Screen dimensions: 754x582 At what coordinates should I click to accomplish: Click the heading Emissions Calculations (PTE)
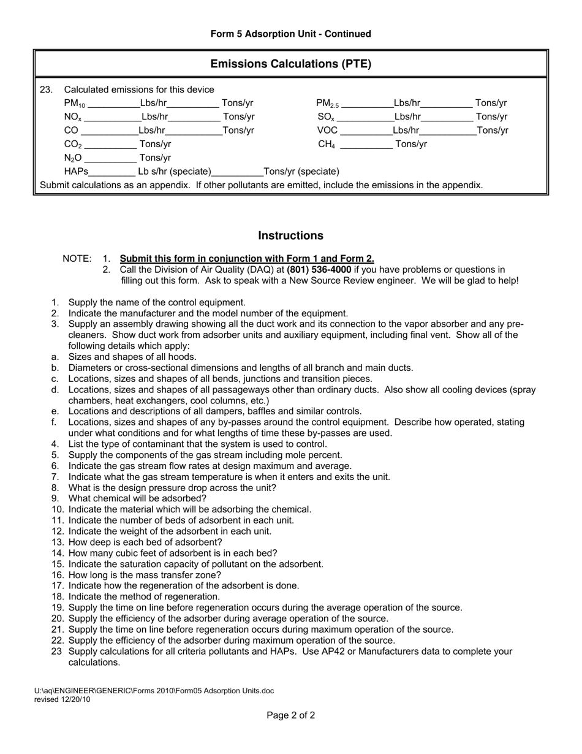point(290,64)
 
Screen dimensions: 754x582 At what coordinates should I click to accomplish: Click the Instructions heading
point(290,235)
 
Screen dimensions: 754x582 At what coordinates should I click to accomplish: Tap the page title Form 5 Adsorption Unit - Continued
point(290,34)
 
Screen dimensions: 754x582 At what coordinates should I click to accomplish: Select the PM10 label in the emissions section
point(75,104)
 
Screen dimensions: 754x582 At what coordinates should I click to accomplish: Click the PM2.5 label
point(327,104)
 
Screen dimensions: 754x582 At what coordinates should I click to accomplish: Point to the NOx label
point(73,117)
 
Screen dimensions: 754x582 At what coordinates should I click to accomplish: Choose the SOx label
point(326,117)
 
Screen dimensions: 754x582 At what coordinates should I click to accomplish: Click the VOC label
point(327,130)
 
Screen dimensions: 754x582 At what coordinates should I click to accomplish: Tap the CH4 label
point(327,145)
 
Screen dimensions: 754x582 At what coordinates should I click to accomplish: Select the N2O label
point(73,158)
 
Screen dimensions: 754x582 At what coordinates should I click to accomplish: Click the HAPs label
point(76,172)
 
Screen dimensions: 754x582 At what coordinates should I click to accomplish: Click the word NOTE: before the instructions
point(77,259)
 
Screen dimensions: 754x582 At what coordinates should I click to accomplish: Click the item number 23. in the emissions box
point(46,89)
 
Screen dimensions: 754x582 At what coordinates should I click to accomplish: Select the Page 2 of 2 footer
point(290,715)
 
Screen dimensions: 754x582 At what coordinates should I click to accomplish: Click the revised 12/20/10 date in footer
point(62,699)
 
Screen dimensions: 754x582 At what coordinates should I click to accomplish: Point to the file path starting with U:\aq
point(154,691)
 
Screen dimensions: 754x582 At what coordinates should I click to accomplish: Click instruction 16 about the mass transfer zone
point(145,575)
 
